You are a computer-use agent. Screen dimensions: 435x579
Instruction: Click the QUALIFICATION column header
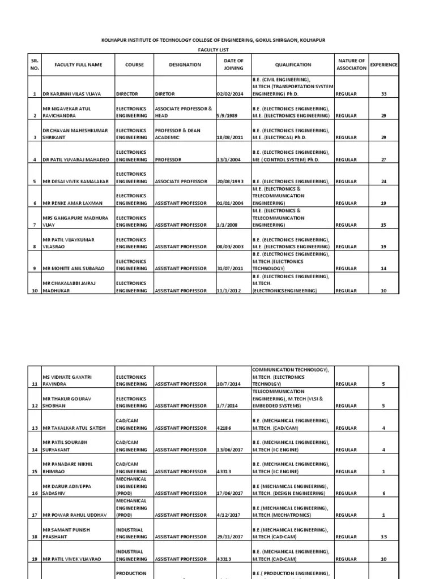pyautogui.click(x=293, y=65)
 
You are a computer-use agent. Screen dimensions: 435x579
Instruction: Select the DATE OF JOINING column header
pyautogui.click(x=233, y=65)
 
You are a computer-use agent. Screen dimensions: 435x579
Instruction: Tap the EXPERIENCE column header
pyautogui.click(x=383, y=65)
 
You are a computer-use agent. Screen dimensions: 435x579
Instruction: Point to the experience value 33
pyautogui.click(x=383, y=94)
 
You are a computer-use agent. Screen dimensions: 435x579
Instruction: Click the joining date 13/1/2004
pyautogui.click(x=229, y=160)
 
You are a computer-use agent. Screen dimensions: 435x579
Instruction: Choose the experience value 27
pyautogui.click(x=383, y=160)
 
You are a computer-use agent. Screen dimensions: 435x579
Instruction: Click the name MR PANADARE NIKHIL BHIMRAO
pyautogui.click(x=67, y=467)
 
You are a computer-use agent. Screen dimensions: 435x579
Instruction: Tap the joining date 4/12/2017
pyautogui.click(x=229, y=515)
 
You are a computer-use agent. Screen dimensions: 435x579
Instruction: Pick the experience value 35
pyautogui.click(x=383, y=537)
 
